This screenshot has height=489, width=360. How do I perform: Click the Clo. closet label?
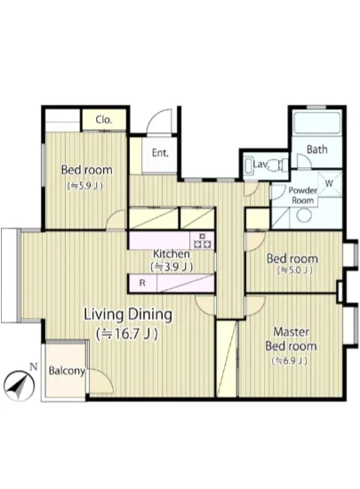point(104,120)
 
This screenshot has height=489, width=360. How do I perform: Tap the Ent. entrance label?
point(160,153)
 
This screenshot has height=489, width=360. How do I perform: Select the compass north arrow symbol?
point(20,386)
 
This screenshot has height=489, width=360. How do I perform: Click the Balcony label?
point(67,371)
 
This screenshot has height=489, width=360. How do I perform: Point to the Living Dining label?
point(128,315)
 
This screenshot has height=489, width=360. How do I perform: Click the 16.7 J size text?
point(127,334)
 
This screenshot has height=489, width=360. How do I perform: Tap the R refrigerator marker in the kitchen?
point(142,283)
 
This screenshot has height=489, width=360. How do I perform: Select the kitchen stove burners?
point(203,240)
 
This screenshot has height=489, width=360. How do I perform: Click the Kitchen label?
point(172,254)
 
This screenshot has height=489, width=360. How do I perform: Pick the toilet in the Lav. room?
point(276,164)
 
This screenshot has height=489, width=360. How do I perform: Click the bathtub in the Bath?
point(316,123)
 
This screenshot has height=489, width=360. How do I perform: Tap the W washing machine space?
point(330,183)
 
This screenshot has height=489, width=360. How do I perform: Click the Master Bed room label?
point(291,339)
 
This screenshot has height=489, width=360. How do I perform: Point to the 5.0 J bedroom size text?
point(294,270)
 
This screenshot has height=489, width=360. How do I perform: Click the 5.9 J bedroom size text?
point(85,186)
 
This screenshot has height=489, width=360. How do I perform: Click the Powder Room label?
point(302,196)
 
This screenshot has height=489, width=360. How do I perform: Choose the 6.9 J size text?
point(290,361)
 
